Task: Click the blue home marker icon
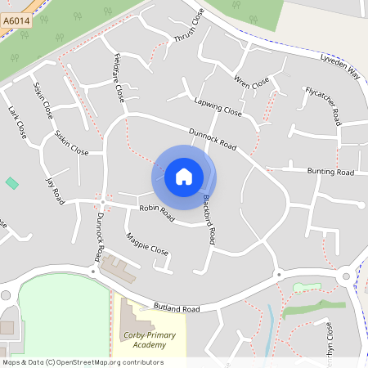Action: point(184,176)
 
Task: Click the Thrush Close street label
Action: point(189,28)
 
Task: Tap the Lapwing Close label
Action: point(218,106)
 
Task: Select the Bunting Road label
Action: point(330,173)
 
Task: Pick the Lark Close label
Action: point(17,121)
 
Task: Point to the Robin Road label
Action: point(157,213)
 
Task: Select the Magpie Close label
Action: point(147,245)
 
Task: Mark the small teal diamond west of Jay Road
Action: point(11,182)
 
